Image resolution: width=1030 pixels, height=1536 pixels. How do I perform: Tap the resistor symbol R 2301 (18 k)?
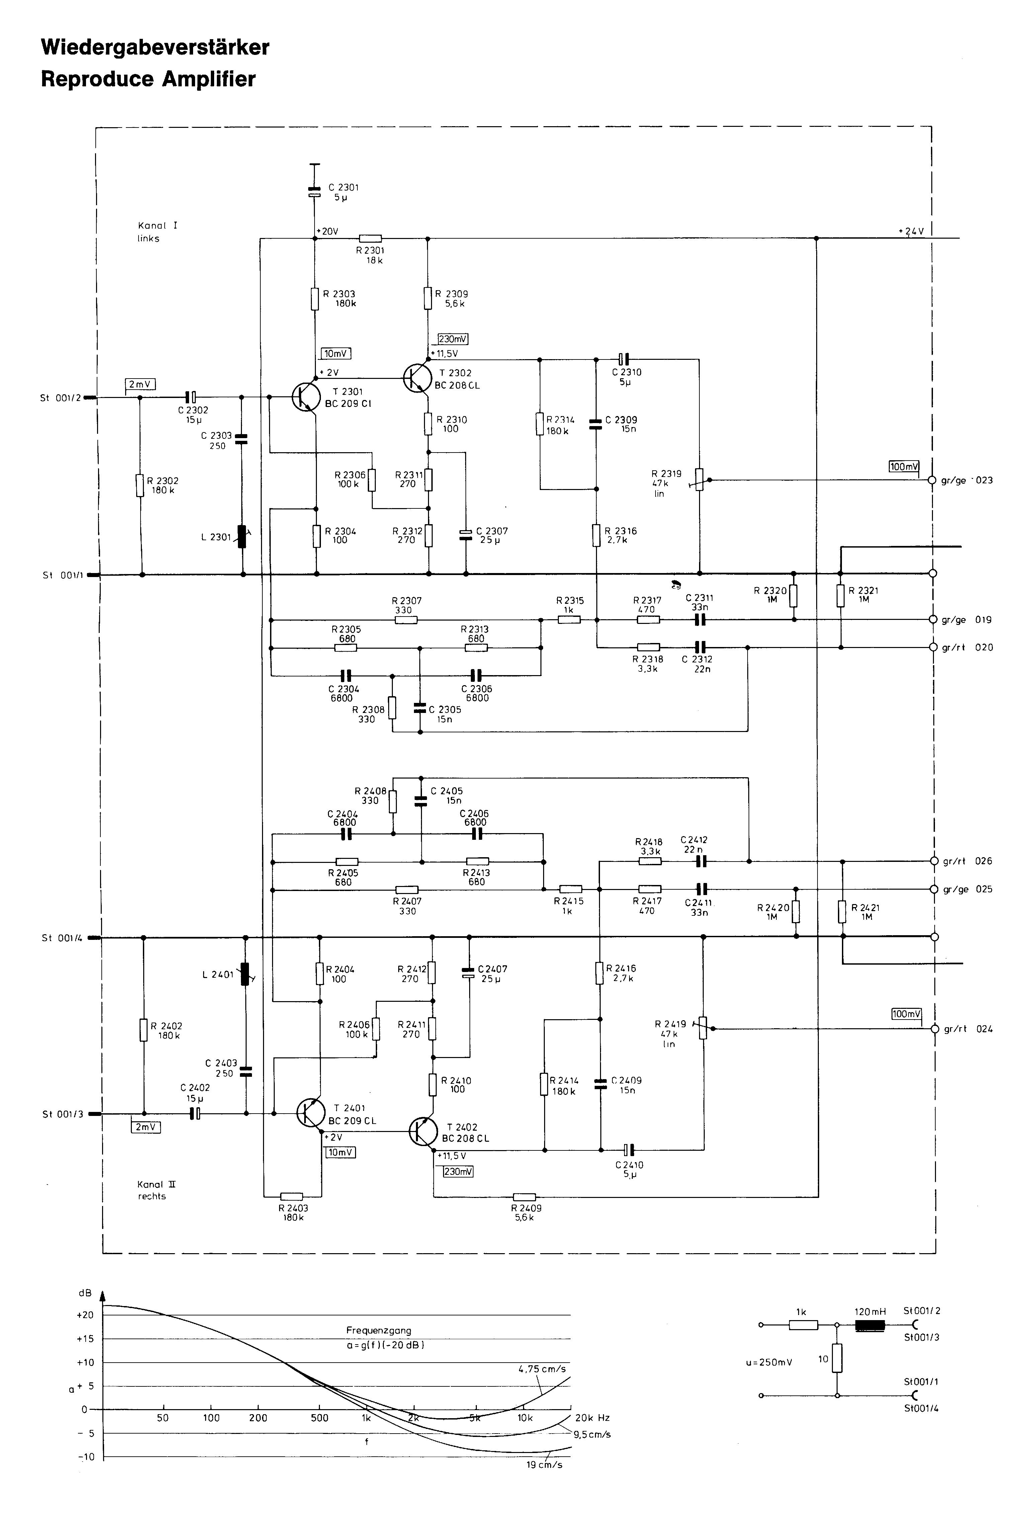370,238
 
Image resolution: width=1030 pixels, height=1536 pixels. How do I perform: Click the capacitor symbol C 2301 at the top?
315,192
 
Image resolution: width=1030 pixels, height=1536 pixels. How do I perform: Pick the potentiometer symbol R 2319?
700,480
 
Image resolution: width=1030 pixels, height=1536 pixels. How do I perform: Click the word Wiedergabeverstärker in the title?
155,47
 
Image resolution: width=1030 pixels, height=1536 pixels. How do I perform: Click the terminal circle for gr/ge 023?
932,480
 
